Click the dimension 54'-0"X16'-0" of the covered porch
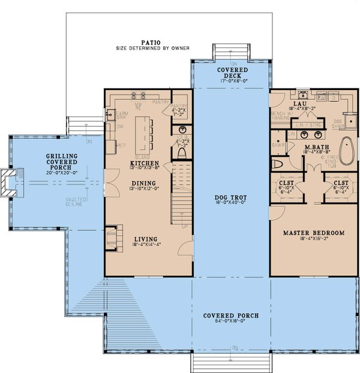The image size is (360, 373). click(x=230, y=323)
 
